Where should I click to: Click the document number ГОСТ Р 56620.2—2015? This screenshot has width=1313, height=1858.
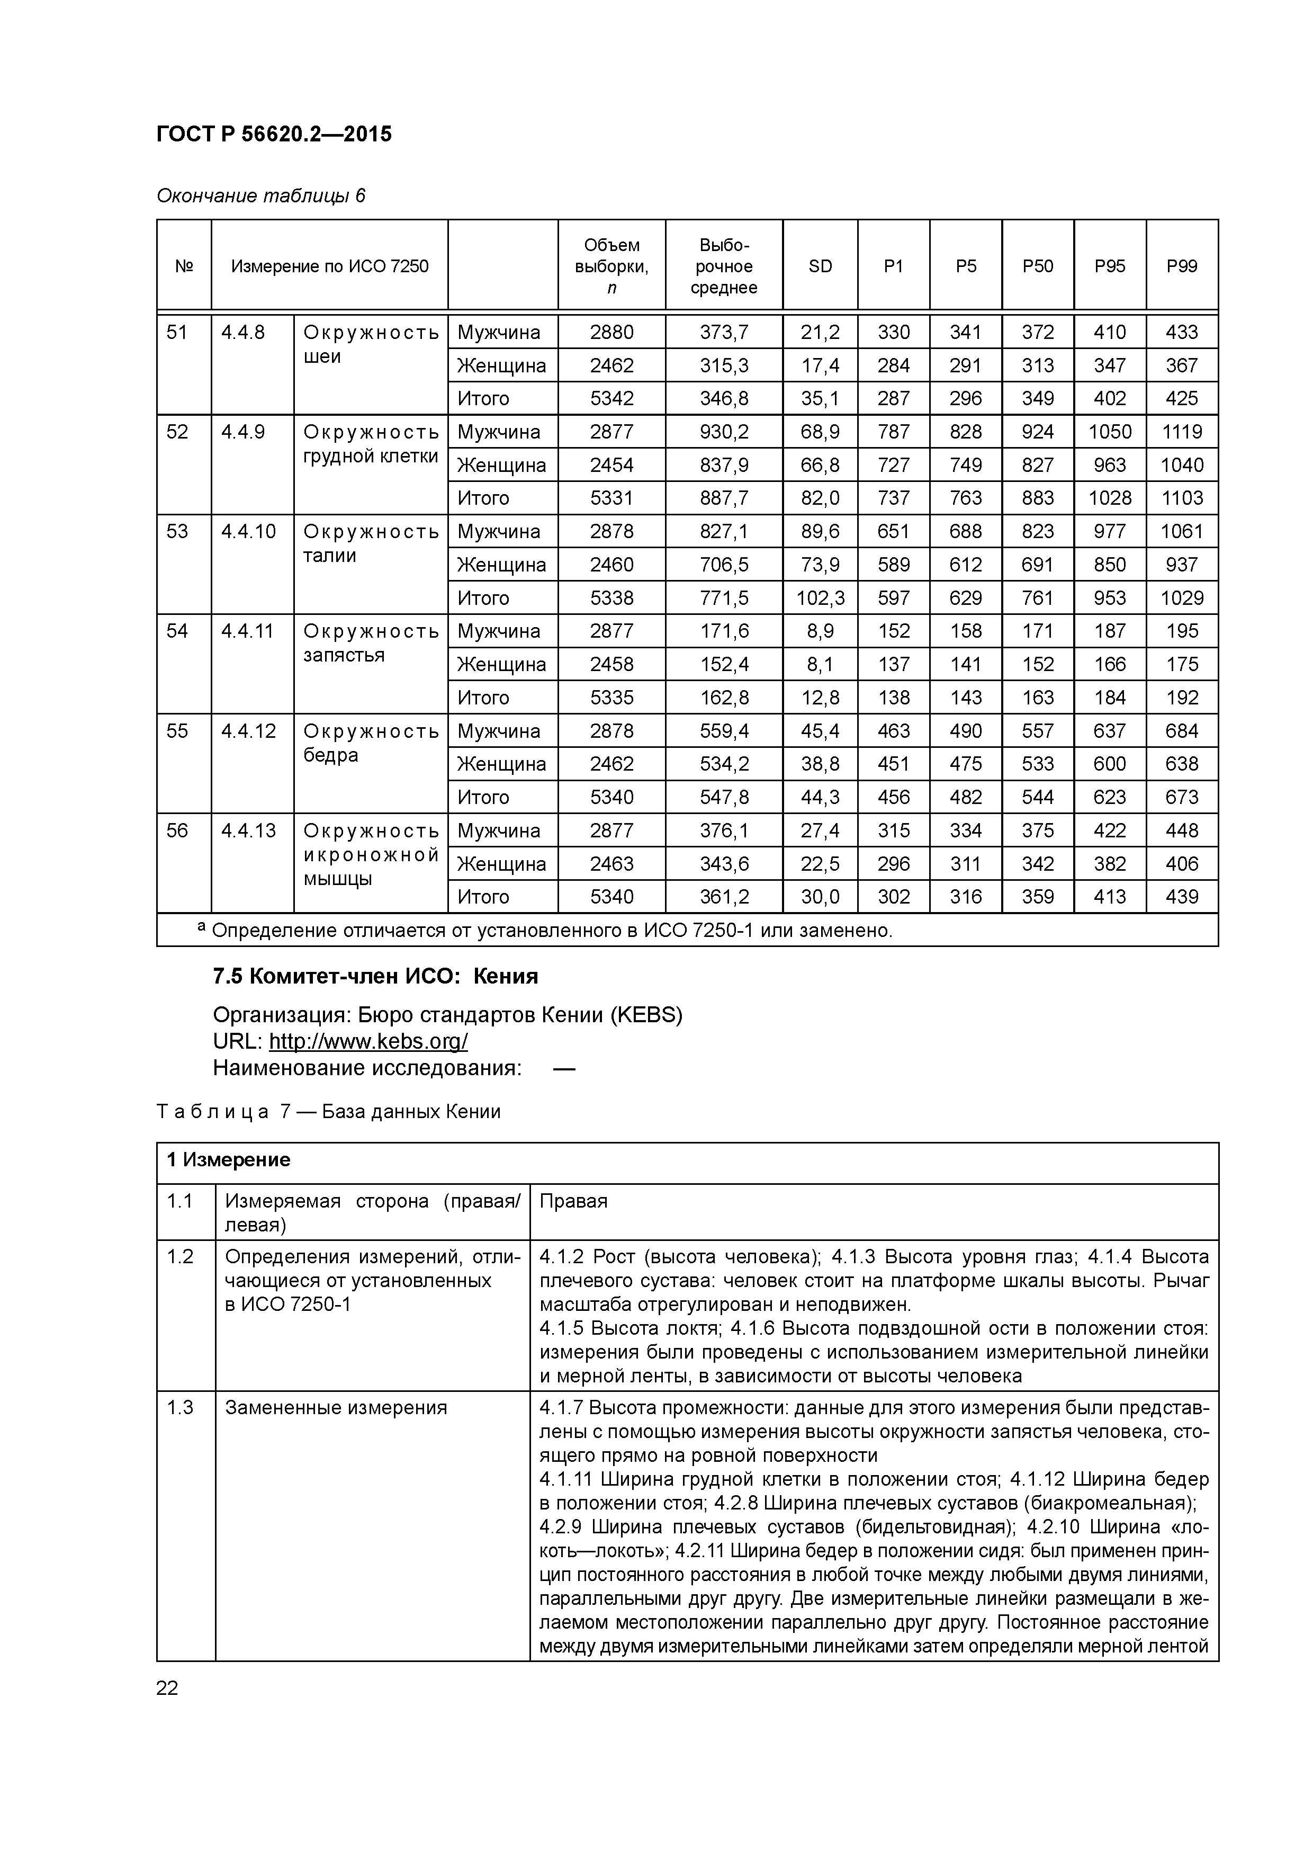click(273, 135)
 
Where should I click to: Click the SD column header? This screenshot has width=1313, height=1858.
click(820, 266)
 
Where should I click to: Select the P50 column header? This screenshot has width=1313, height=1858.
click(1037, 266)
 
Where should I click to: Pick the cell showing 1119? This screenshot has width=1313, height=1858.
click(1181, 432)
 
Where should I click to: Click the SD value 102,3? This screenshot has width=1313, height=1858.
click(820, 598)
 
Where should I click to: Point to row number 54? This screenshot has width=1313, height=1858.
click(177, 631)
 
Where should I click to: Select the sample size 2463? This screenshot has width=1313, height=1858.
click(611, 864)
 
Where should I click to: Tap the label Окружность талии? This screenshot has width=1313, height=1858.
click(371, 543)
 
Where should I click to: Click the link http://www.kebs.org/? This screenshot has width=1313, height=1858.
click(368, 1041)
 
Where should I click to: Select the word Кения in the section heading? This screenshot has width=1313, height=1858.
click(506, 977)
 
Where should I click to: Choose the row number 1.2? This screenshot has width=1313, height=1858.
click(179, 1257)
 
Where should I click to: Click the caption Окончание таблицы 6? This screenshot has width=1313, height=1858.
click(260, 196)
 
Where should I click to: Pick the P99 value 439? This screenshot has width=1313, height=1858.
click(1181, 897)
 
